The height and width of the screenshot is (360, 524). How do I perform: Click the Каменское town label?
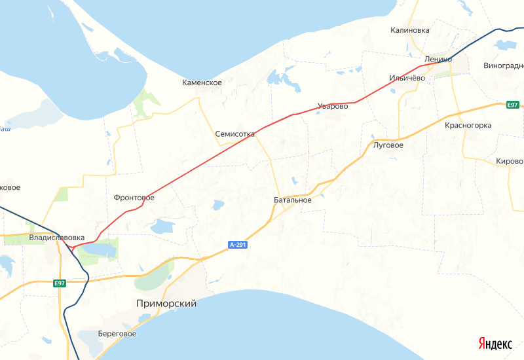coord(202,83)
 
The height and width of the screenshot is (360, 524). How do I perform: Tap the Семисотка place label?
coord(235,134)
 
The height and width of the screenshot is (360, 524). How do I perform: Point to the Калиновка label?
coord(410,30)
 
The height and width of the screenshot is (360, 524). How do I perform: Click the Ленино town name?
coord(438,59)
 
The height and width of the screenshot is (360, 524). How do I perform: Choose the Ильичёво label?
coord(407,77)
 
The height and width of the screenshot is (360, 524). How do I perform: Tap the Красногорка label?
coord(468,125)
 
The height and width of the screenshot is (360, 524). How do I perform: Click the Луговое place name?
coord(388,145)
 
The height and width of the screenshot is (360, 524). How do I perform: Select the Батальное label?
coord(293,200)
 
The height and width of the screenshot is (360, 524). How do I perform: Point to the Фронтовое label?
coord(134,197)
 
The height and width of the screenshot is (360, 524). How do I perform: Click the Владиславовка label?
coord(57,237)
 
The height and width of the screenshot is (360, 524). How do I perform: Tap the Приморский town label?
coord(166,304)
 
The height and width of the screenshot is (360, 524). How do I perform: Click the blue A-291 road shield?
coord(238,245)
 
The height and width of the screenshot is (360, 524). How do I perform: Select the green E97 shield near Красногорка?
coord(513,105)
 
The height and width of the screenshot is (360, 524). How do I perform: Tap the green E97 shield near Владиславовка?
coord(60,283)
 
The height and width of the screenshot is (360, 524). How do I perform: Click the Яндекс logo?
coord(495,344)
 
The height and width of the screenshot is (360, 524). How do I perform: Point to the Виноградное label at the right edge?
coord(504,66)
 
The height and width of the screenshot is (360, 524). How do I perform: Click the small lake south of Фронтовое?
coord(161,226)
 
